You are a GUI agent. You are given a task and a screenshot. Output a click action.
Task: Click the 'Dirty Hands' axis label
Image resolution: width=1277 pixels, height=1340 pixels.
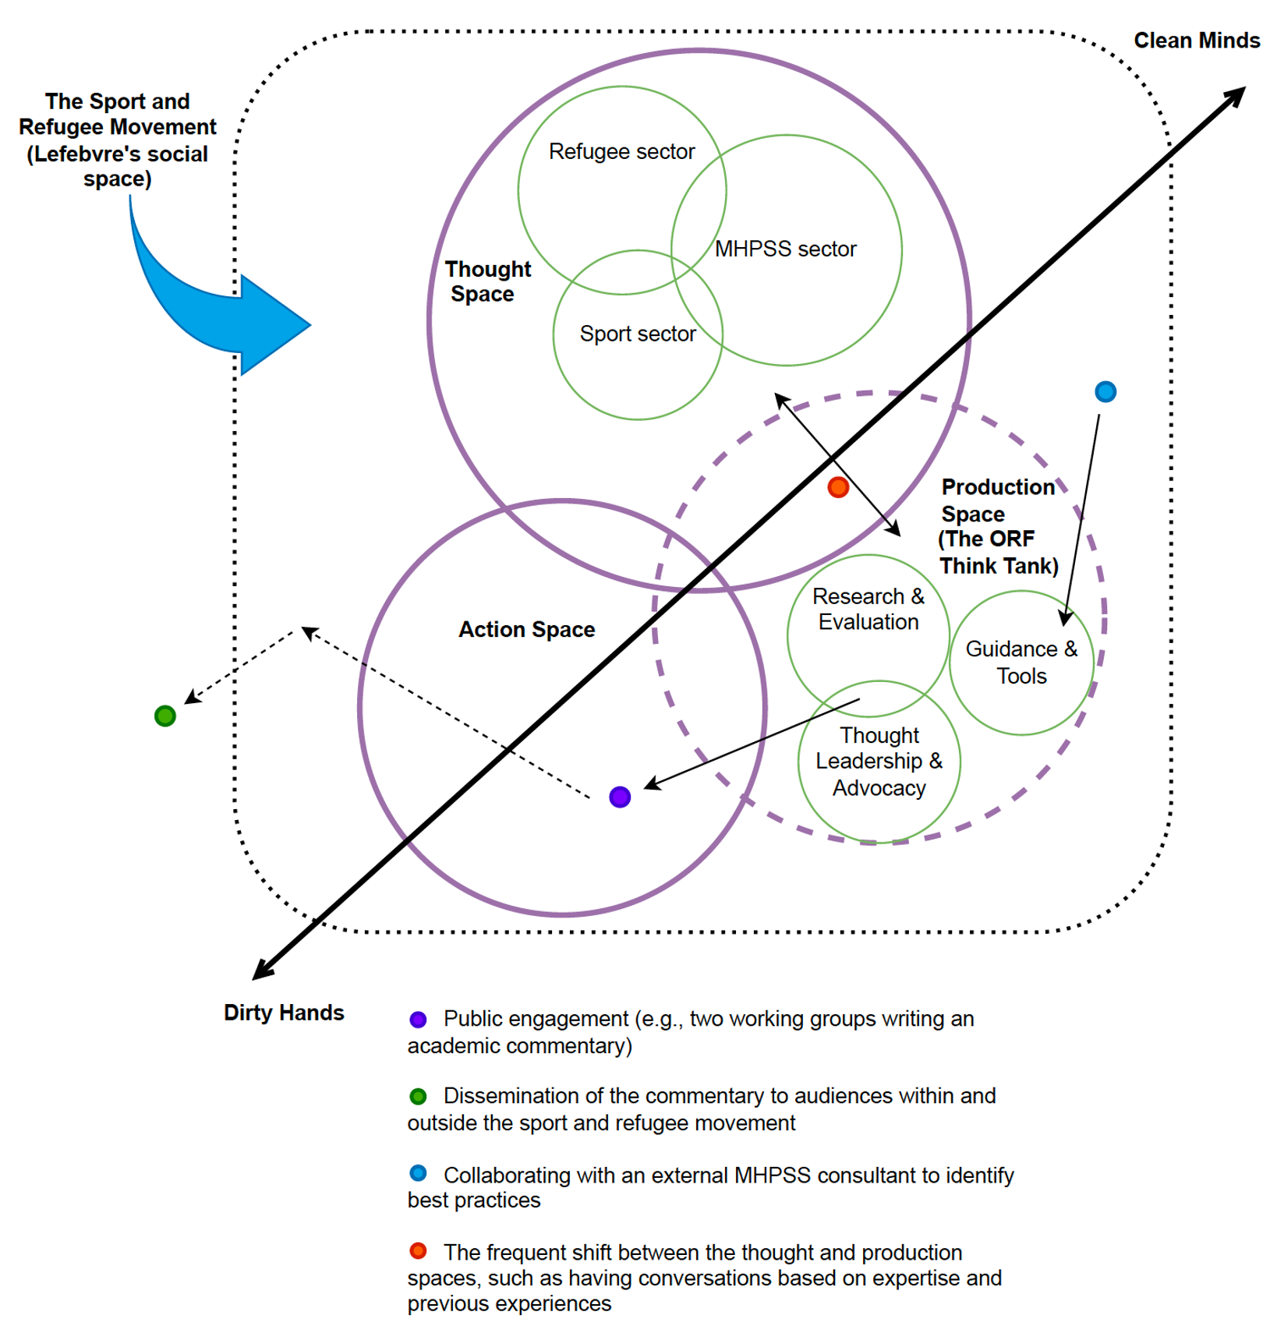click(284, 1012)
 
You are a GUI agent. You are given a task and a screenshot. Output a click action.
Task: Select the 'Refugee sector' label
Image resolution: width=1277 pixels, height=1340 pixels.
click(621, 151)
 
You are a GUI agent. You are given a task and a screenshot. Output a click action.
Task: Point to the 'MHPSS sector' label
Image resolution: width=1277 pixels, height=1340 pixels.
click(785, 249)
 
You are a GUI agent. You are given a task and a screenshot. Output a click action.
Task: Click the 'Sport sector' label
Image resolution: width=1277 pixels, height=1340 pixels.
click(637, 334)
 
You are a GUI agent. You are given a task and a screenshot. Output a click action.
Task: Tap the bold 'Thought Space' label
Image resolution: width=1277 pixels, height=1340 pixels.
click(486, 281)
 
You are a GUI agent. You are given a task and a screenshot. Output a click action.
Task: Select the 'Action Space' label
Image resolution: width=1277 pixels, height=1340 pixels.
click(526, 629)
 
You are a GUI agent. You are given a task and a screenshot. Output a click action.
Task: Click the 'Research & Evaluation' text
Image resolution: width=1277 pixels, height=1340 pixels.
click(868, 609)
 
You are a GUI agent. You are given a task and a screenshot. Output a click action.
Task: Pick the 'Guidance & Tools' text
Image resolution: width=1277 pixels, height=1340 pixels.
click(1021, 662)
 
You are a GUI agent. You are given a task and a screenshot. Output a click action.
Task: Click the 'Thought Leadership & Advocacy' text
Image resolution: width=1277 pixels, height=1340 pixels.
click(879, 761)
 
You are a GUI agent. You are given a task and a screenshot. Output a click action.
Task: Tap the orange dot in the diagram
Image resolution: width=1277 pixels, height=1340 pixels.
click(837, 487)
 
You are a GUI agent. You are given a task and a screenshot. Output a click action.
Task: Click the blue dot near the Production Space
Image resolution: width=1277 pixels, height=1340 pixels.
click(1105, 391)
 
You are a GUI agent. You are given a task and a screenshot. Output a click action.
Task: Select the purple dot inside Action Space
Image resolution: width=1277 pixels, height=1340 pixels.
click(619, 797)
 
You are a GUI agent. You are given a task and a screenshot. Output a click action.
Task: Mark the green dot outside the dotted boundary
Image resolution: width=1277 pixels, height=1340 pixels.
click(164, 716)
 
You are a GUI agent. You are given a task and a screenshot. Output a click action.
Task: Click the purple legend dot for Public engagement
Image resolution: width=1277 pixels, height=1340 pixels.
click(418, 1019)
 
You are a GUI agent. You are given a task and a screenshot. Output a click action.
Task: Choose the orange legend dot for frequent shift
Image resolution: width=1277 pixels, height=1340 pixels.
click(418, 1250)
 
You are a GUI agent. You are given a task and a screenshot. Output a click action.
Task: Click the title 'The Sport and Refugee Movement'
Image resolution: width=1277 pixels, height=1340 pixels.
click(118, 114)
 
